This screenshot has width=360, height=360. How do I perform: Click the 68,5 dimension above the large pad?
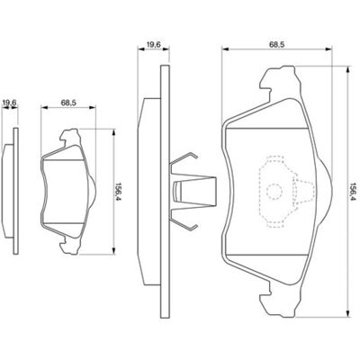pyautogui.click(x=276, y=44)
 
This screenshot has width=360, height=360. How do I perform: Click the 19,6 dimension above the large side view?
pyautogui.click(x=154, y=44)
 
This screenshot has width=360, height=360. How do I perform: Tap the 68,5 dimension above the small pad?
pyautogui.click(x=68, y=103)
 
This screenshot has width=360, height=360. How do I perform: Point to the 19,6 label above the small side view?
pyautogui.click(x=9, y=103)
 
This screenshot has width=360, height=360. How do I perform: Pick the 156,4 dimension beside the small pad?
pyautogui.click(x=118, y=193)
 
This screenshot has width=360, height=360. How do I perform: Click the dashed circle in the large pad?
pyautogui.click(x=274, y=191)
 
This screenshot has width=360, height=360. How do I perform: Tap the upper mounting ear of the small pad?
pyautogui.click(x=71, y=138)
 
